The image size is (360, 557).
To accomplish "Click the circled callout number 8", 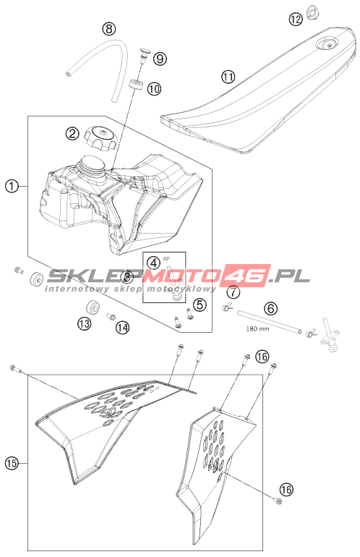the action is pos(109,28).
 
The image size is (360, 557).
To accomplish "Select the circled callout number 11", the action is pos(228,77).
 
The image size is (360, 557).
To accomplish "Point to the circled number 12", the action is pos(296,19).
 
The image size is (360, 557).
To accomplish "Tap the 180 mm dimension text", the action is pos(257,329).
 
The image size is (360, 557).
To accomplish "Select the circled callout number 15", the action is pos(12,463).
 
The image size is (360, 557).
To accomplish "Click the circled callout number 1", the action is pos(12,186).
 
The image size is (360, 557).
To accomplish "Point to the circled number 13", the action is pos(84,323).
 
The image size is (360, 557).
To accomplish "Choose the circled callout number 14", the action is pos(121,327).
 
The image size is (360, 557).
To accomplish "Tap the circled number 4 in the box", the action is pos(154,263).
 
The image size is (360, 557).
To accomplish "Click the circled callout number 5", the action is pos(200,304).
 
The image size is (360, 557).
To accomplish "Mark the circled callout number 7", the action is pos(233,292).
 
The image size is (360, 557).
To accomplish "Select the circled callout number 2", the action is pos(72,134).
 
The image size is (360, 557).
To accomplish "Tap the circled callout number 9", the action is pos(160,59).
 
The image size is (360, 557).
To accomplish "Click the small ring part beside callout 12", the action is pos(312,12).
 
